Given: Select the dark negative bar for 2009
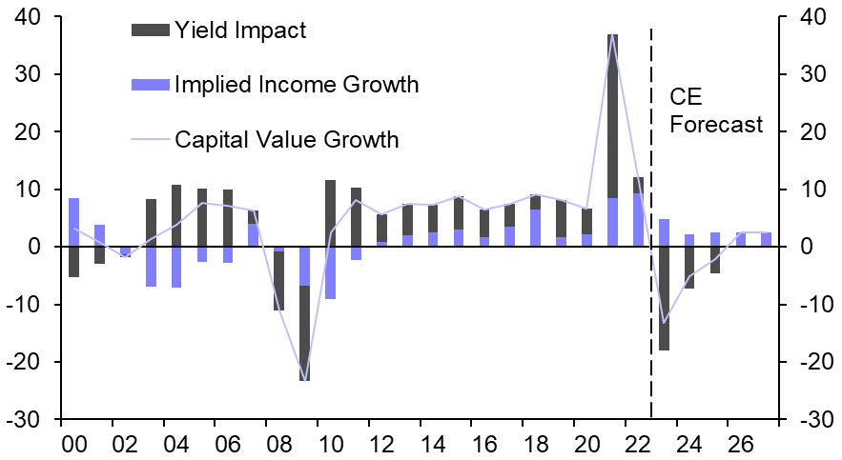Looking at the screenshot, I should tap(304, 333).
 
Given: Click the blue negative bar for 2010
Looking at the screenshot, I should tap(330, 273).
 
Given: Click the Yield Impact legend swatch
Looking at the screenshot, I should tap(151, 30).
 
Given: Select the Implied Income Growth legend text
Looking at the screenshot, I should tap(297, 85).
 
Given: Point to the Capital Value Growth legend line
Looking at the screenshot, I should tap(151, 140).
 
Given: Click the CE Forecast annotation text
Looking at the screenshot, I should tap(715, 110).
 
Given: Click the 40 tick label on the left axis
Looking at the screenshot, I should tap(28, 17).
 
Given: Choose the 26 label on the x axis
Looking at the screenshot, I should tap(740, 444).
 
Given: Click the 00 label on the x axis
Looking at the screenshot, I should tap(73, 444).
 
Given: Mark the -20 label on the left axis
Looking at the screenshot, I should tap(25, 363).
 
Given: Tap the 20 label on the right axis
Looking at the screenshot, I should tap(811, 132).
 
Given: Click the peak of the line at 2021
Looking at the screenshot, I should tap(612, 35).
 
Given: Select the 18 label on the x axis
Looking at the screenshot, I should tap(534, 444).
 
